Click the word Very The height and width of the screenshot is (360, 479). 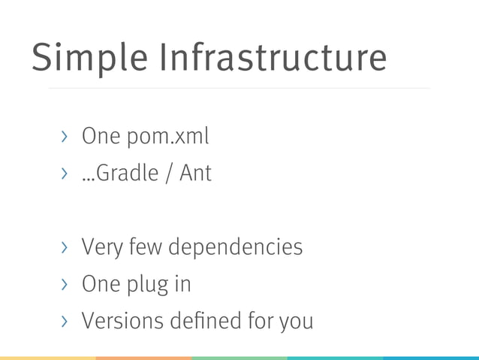101,247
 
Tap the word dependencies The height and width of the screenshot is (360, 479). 236,247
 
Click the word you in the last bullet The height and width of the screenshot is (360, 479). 295,322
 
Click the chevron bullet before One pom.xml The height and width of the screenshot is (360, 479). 65,137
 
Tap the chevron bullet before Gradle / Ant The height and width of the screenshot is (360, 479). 65,174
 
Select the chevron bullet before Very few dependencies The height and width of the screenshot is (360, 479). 65,247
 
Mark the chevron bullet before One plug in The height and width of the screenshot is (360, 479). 65,284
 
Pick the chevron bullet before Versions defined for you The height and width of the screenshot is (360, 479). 65,321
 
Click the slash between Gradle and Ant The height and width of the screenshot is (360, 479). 170,174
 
